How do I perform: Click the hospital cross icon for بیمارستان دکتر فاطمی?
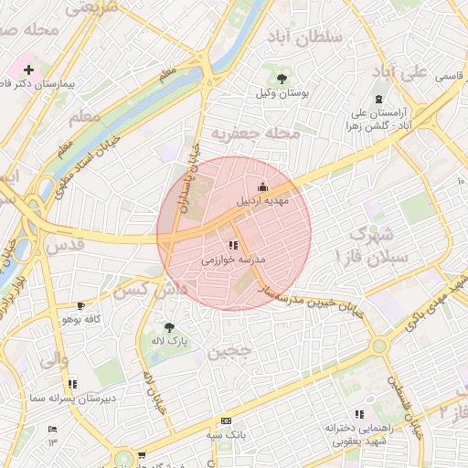[x=29, y=69]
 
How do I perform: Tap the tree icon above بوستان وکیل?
[x=280, y=78]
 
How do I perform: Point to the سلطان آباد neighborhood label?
[x=304, y=37]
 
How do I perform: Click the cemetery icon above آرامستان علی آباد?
[x=378, y=99]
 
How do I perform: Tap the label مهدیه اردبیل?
[x=263, y=198]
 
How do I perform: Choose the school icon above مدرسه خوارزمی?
[x=233, y=245]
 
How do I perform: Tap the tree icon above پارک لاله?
[x=168, y=326]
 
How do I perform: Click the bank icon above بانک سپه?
[x=226, y=420]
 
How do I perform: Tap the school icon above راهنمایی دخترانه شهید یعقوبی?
[x=359, y=414]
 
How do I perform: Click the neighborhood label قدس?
[x=64, y=245]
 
